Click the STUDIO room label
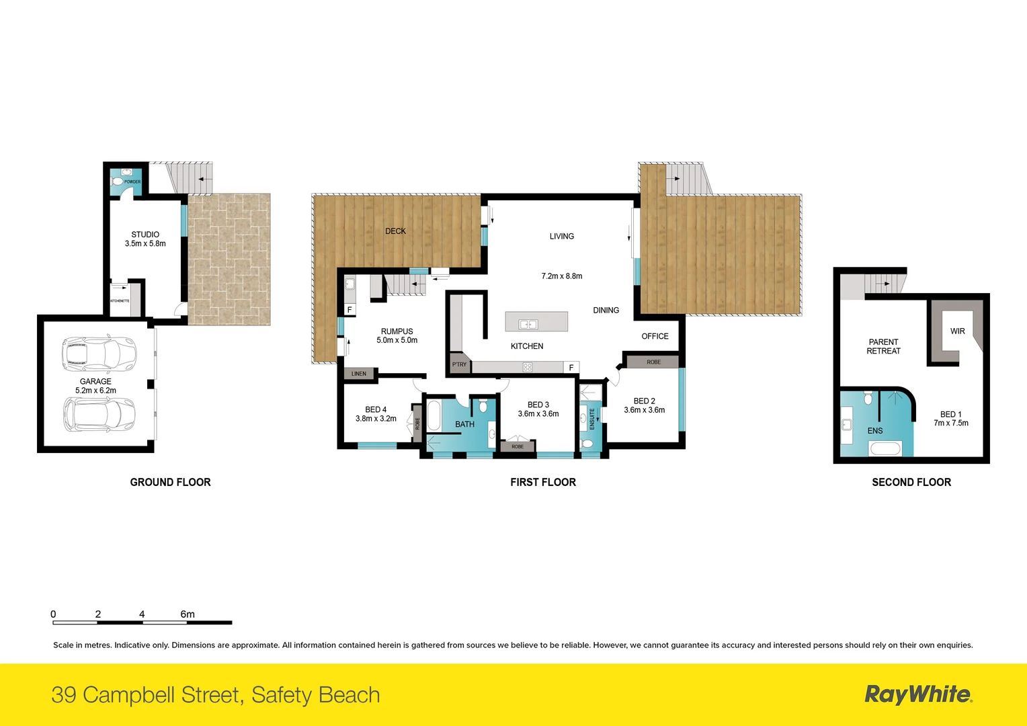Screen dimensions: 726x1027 (145, 235)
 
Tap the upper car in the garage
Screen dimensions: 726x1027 (99, 353)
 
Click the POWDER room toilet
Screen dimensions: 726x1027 (118, 182)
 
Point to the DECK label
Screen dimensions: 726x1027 (395, 231)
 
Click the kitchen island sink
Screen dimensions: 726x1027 (528, 325)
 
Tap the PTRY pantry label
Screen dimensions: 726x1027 (459, 364)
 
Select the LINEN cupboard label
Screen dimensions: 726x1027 (359, 374)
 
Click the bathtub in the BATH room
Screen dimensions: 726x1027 (434, 415)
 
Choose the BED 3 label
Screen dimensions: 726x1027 (538, 405)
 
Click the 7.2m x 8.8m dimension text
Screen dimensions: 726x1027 (562, 276)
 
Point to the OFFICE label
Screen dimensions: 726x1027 (655, 336)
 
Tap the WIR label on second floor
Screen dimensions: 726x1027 (958, 331)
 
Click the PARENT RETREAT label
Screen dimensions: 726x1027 (883, 347)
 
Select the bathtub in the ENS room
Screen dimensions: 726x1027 (885, 448)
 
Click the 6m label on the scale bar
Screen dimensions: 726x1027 (188, 614)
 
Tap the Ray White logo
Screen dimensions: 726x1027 (918, 694)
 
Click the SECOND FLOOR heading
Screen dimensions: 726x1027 (911, 482)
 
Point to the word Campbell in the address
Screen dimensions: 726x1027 (163, 695)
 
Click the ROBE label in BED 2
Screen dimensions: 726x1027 (653, 362)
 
